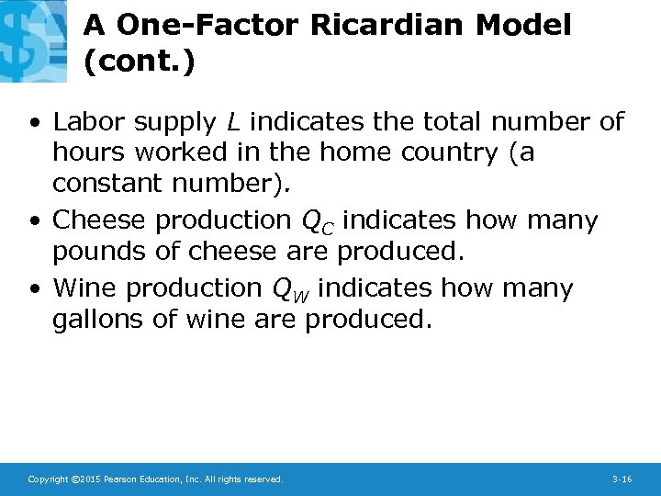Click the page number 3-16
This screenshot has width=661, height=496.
click(x=622, y=479)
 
